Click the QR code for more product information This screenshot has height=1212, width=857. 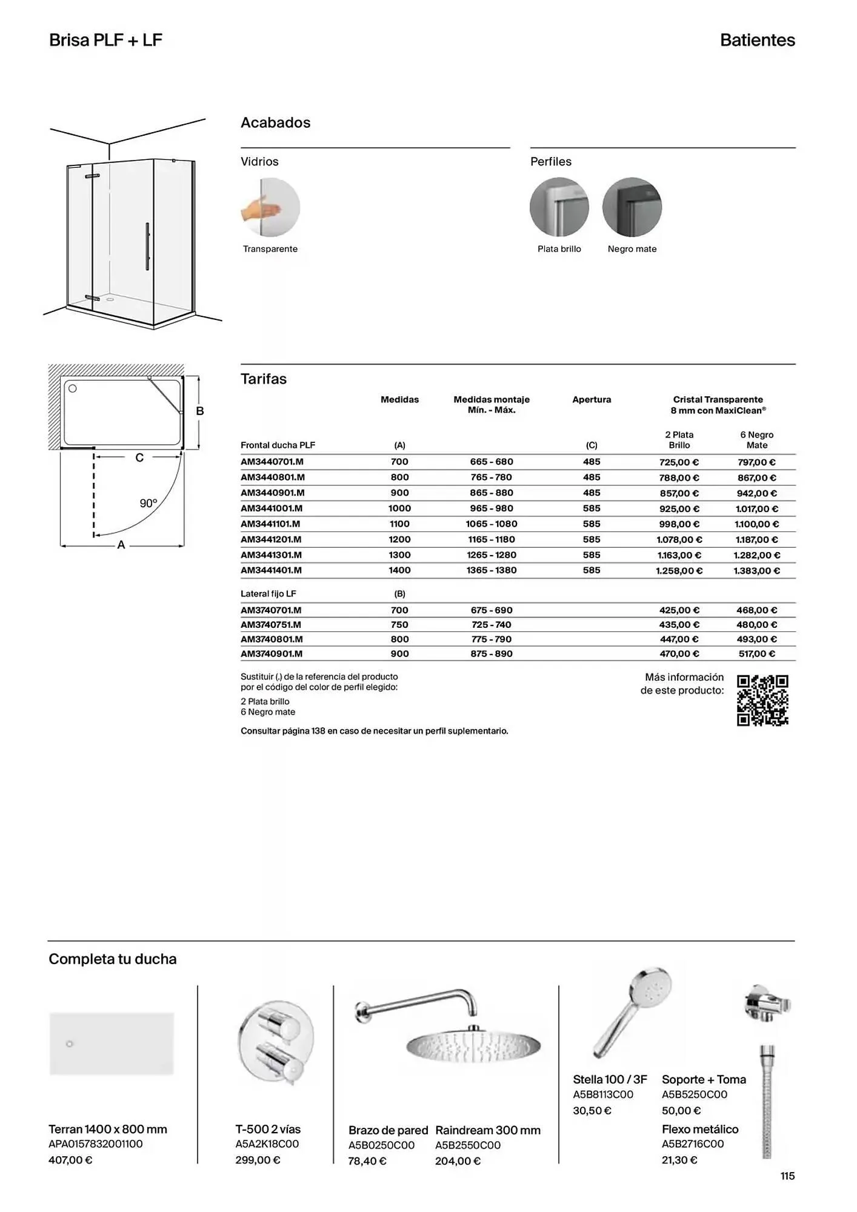point(762,700)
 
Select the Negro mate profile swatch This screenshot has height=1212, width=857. point(632,207)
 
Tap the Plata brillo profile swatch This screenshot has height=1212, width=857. point(559,207)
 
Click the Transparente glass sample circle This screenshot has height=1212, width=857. point(270,207)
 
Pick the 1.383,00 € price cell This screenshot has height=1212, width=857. point(756,571)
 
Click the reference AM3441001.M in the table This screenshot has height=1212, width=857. point(272,508)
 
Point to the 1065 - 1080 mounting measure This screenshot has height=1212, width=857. point(492,524)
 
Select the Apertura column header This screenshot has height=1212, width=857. point(592,400)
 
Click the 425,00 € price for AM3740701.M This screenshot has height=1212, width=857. point(679,610)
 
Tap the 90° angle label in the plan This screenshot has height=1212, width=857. point(148,504)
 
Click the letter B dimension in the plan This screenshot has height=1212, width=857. point(200,411)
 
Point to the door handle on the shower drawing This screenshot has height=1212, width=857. point(147,246)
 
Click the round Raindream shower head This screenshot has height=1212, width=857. point(473,1045)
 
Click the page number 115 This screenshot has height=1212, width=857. point(787,1176)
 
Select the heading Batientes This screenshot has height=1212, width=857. point(757,41)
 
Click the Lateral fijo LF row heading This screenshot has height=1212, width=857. point(268,594)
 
